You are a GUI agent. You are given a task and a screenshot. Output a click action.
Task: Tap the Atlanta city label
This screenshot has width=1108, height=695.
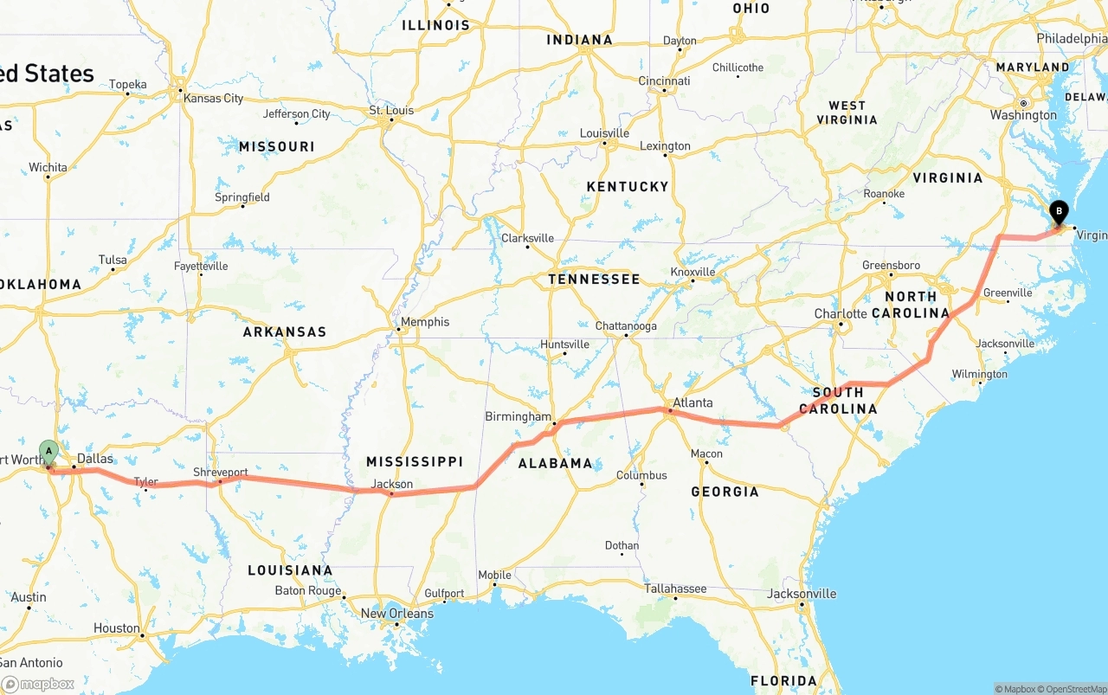tap(692, 402)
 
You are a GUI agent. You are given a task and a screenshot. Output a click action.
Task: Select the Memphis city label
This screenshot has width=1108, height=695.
tap(424, 322)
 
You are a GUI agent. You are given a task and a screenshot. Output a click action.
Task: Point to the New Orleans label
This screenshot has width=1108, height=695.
tap(396, 614)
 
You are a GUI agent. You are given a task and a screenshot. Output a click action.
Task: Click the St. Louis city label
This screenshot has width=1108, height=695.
tap(391, 111)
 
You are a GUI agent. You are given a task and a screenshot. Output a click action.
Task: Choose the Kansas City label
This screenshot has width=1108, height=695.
tap(213, 99)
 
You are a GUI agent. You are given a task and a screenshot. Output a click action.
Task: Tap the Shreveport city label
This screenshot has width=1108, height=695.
tap(220, 473)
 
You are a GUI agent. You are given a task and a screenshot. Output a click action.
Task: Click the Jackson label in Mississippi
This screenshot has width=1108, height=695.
tap(392, 485)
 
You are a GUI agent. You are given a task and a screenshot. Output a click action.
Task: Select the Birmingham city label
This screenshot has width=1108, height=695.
tap(518, 416)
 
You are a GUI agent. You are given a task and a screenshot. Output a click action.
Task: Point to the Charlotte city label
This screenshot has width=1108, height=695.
tap(841, 313)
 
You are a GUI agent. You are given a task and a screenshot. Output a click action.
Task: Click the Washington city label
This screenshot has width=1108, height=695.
tap(1023, 115)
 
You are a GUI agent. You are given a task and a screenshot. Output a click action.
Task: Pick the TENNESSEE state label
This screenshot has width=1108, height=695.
tap(594, 279)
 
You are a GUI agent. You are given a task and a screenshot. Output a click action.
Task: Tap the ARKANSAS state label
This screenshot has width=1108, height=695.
tap(285, 331)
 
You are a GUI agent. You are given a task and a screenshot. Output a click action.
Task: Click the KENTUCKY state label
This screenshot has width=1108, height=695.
tap(628, 186)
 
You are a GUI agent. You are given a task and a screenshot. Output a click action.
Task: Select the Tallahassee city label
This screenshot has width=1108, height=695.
tap(675, 589)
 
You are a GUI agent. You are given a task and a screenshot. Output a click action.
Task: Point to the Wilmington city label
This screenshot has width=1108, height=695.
tap(979, 375)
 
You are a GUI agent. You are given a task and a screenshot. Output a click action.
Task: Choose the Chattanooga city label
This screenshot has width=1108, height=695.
tap(626, 326)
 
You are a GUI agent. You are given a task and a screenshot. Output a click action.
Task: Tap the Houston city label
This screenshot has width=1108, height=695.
tap(117, 628)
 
